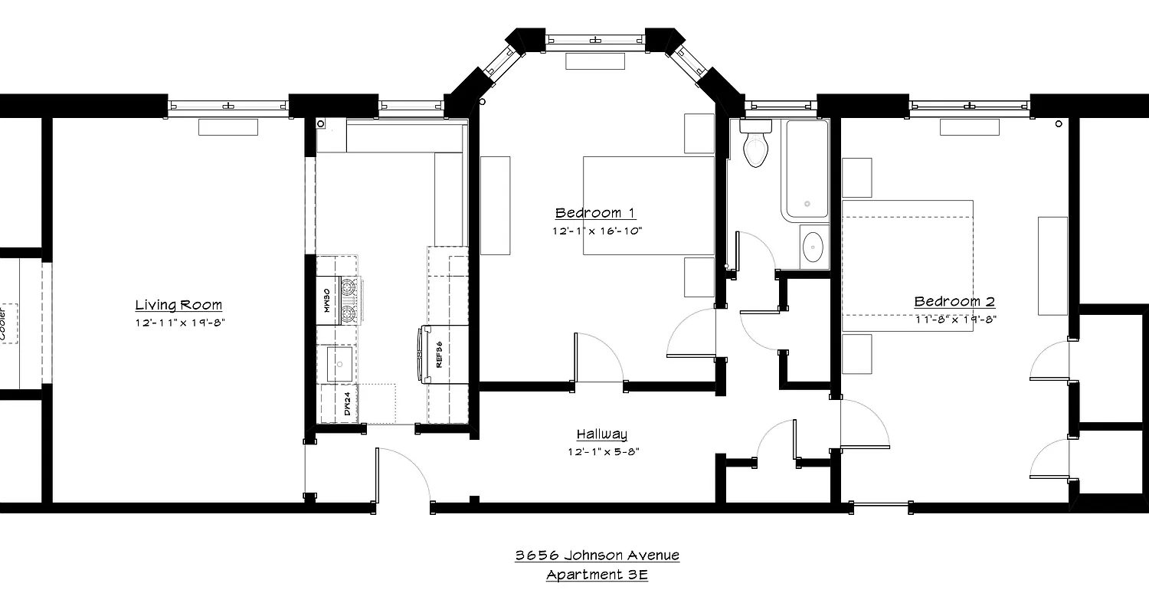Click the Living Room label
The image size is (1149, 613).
click(178, 305)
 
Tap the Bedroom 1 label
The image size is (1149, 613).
click(595, 213)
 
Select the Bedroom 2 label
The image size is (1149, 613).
click(954, 302)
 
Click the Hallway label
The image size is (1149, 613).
click(602, 434)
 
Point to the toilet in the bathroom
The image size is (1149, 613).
click(755, 146)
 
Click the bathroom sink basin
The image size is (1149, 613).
click(812, 247)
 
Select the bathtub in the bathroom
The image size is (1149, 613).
click(805, 169)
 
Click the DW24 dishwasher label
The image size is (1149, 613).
click(347, 403)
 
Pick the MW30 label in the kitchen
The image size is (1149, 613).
click(326, 300)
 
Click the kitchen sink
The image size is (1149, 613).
click(339, 364)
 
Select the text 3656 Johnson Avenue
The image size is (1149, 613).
click(597, 556)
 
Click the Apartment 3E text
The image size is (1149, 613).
click(597, 575)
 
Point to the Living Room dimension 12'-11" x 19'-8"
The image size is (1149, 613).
click(178, 323)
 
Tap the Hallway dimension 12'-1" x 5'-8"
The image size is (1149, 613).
click(603, 452)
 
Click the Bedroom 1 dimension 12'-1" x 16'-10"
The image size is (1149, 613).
click(596, 230)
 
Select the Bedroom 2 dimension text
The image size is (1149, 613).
click(954, 320)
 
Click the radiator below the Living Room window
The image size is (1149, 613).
click(228, 127)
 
